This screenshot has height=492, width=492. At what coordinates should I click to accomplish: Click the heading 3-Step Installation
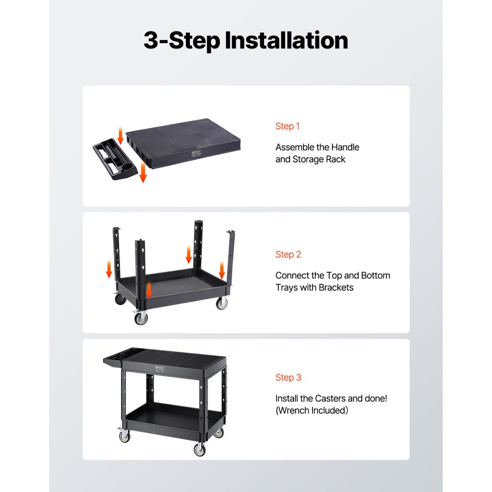246,40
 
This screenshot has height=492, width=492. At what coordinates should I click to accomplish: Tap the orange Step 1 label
287,126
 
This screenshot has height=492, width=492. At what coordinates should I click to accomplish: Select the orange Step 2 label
288,254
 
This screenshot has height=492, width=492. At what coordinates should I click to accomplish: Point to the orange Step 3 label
288,377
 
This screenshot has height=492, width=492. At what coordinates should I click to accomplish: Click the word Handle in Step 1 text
345,147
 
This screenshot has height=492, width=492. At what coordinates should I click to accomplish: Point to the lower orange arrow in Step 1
143,172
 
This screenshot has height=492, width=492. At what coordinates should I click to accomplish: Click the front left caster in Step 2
141,317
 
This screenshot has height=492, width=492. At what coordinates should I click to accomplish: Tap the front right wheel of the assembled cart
199,449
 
